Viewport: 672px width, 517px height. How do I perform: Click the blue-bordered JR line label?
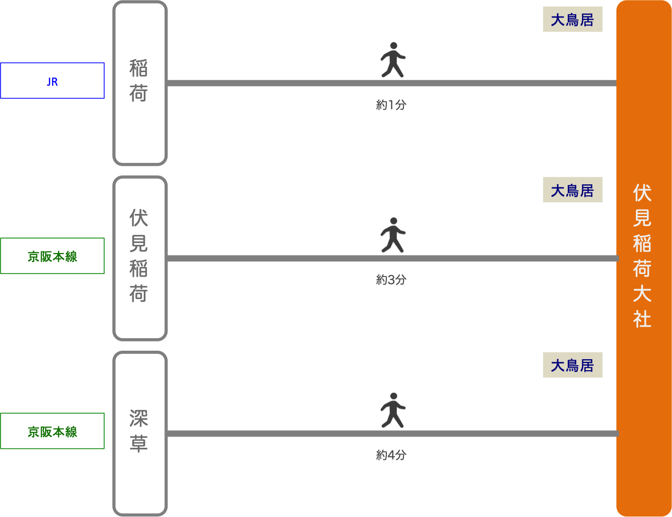52,81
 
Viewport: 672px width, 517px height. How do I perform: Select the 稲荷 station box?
139,83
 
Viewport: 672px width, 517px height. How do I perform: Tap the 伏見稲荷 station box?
139,258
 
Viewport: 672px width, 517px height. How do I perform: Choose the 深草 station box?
139,433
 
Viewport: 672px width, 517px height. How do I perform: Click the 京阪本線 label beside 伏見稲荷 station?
52,256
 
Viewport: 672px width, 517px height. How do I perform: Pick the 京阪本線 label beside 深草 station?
52,431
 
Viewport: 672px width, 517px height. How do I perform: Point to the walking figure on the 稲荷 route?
392,60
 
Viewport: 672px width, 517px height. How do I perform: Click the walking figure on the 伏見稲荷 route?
392,235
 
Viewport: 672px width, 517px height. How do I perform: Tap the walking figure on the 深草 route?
392,410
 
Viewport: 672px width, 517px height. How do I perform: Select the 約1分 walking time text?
391,105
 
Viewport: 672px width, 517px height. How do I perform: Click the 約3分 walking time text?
391,280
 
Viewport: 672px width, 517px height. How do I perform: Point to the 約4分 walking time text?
391,455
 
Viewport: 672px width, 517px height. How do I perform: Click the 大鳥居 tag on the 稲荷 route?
572,20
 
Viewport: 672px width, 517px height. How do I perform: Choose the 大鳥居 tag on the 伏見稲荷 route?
572,190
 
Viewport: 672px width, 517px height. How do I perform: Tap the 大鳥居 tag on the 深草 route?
572,366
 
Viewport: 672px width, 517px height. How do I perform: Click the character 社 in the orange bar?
642,319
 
